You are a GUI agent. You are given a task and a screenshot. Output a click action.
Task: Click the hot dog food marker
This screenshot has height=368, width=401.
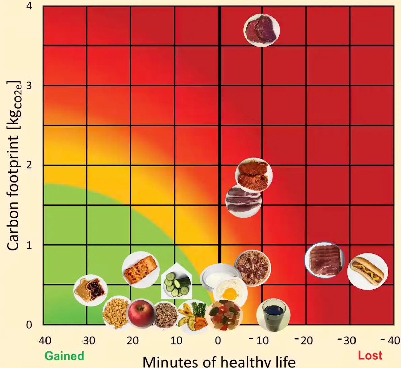pyautogui.click(x=367, y=271)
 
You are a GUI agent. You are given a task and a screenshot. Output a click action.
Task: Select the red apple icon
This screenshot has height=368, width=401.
pyautogui.click(x=142, y=313)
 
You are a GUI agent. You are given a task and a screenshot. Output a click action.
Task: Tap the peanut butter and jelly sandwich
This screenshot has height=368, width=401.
pyautogui.click(x=90, y=290)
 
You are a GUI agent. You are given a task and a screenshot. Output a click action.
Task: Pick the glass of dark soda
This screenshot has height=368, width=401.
pyautogui.click(x=273, y=315)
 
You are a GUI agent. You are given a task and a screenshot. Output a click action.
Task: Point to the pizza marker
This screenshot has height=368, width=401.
pyautogui.click(x=252, y=268)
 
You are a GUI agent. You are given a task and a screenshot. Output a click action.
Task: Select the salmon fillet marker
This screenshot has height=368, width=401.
pyautogui.click(x=141, y=270)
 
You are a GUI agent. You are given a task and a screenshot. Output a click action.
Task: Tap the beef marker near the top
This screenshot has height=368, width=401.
pyautogui.click(x=261, y=30)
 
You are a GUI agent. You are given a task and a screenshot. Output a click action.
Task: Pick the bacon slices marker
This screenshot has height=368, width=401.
pyautogui.click(x=324, y=259)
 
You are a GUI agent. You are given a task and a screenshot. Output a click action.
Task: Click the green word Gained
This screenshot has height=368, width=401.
pyautogui.click(x=64, y=356)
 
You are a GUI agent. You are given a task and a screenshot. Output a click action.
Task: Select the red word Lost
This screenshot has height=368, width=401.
pyautogui.click(x=370, y=356)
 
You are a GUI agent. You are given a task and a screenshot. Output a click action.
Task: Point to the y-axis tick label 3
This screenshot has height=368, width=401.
pyautogui.click(x=29, y=86)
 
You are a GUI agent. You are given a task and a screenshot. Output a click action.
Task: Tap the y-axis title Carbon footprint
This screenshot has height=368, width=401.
pyautogui.click(x=13, y=165)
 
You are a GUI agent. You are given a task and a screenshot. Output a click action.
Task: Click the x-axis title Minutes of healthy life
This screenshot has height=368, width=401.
pyautogui.click(x=219, y=362)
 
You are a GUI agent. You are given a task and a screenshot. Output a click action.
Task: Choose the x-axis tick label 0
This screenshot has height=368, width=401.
pyautogui.click(x=218, y=341)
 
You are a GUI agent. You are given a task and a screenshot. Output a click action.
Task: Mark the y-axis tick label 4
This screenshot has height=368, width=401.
pyautogui.click(x=29, y=6)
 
